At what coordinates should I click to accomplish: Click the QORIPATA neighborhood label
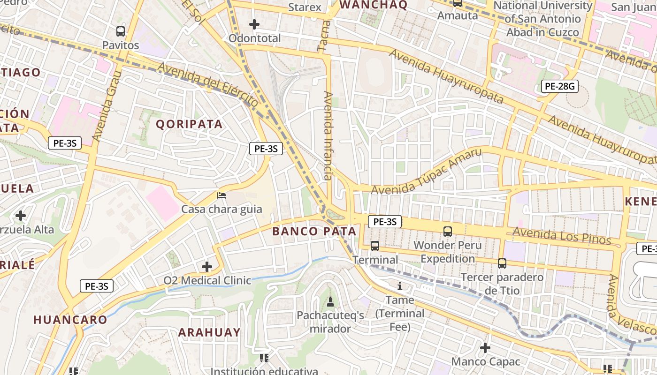point(189,124)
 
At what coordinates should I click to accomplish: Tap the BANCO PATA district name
point(314,231)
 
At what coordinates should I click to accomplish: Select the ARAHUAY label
point(209,332)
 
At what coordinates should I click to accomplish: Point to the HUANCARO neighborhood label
point(70,320)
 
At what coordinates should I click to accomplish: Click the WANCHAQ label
point(374,5)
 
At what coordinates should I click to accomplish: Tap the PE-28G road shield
point(559,86)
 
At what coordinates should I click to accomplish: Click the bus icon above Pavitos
point(121,31)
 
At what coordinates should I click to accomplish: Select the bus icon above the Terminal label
point(374,246)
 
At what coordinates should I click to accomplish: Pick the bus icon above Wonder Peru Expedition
point(448,231)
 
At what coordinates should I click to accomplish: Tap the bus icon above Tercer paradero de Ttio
point(502,263)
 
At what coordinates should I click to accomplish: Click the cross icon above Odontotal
point(254,24)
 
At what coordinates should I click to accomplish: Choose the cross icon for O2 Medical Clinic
point(207,267)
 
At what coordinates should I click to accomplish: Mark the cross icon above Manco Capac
point(485,348)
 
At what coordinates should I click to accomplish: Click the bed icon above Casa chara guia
point(222,195)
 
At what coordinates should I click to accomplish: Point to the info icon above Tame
point(400,286)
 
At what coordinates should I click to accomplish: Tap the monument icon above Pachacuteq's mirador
point(330,302)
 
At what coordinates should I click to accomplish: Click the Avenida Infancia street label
point(328,135)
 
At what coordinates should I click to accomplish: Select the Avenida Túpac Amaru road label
point(427,172)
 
